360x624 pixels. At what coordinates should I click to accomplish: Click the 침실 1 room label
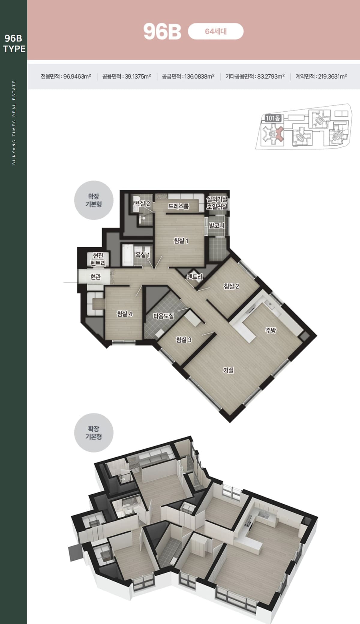coord(181,240)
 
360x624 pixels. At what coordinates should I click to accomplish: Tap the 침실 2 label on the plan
coord(231,286)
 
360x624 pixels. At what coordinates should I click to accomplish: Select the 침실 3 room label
coord(184,339)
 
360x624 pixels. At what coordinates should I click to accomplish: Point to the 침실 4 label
coord(124,314)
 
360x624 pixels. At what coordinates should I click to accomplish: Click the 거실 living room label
coord(228,370)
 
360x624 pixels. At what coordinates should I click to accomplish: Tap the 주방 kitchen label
coord(271,330)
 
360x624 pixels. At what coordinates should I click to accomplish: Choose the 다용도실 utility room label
coord(163,316)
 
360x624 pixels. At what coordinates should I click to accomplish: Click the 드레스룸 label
coord(178,206)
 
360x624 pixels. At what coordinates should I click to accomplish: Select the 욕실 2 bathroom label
coord(142,203)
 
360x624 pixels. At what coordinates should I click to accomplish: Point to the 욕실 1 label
coord(142,255)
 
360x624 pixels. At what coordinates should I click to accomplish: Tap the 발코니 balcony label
coord(217,225)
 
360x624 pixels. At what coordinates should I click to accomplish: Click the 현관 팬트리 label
coord(98,259)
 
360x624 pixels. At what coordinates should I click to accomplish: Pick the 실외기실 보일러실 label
coord(217,203)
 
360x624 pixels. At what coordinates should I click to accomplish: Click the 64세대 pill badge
coord(216,31)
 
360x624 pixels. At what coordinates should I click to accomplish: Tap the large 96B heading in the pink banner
coord(162,32)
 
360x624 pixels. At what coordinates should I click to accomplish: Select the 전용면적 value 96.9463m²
coord(77,76)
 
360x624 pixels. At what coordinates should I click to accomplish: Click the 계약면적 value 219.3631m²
coord(332,76)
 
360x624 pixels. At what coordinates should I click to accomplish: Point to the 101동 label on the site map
coord(273,118)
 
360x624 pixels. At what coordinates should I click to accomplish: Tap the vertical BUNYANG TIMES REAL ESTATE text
coord(14,122)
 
